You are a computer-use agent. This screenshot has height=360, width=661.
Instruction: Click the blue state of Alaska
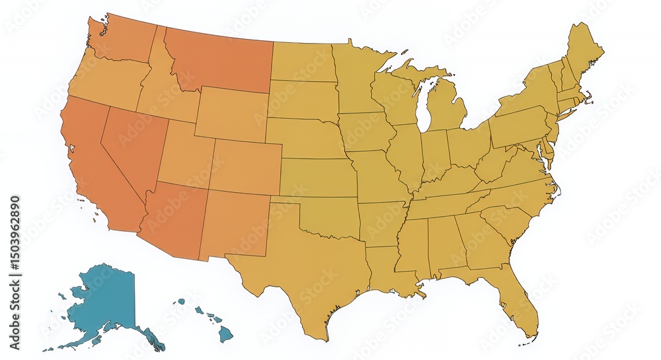[x=106, y=301]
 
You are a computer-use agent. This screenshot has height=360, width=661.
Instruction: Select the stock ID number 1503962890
[x=15, y=244]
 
